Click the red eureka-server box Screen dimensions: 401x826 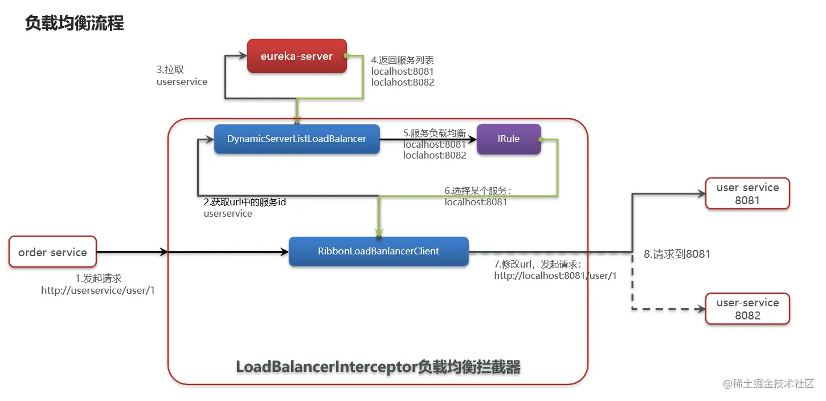(297, 56)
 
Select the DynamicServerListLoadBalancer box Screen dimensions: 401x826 (297, 139)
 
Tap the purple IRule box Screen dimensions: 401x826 (509, 139)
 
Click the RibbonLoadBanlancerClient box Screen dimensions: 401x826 (378, 251)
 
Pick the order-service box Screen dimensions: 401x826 (52, 252)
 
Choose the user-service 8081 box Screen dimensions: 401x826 (747, 193)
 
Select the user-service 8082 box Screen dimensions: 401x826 (747, 309)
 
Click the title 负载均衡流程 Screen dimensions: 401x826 (74, 23)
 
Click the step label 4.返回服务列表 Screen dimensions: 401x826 (403, 60)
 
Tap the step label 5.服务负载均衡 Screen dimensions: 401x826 (435, 133)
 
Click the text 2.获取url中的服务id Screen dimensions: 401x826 (245, 202)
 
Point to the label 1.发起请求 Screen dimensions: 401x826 (99, 278)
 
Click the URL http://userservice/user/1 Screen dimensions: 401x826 (98, 290)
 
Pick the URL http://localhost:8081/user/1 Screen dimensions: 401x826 (555, 276)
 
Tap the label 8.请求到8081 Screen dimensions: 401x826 (677, 254)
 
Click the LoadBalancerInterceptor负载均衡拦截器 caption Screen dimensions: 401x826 (378, 367)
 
